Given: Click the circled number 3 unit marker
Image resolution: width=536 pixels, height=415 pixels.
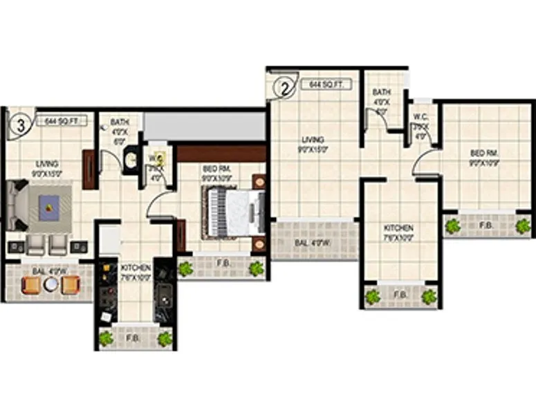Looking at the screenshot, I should [x=21, y=126].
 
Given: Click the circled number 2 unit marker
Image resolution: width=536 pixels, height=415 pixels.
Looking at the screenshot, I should [x=283, y=88].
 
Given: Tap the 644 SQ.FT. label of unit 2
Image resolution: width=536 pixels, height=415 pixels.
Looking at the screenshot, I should [x=326, y=84].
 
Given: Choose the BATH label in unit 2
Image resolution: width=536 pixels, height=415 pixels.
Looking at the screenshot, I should [x=382, y=92].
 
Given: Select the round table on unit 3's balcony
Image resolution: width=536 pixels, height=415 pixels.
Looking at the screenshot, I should [x=50, y=284].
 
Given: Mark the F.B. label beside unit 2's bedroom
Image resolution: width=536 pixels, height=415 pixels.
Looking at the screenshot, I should [x=487, y=225].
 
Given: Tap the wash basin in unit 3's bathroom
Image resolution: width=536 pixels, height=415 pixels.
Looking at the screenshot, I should [x=130, y=162].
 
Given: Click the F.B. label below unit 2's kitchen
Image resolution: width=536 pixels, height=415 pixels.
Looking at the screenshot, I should [x=400, y=295].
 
